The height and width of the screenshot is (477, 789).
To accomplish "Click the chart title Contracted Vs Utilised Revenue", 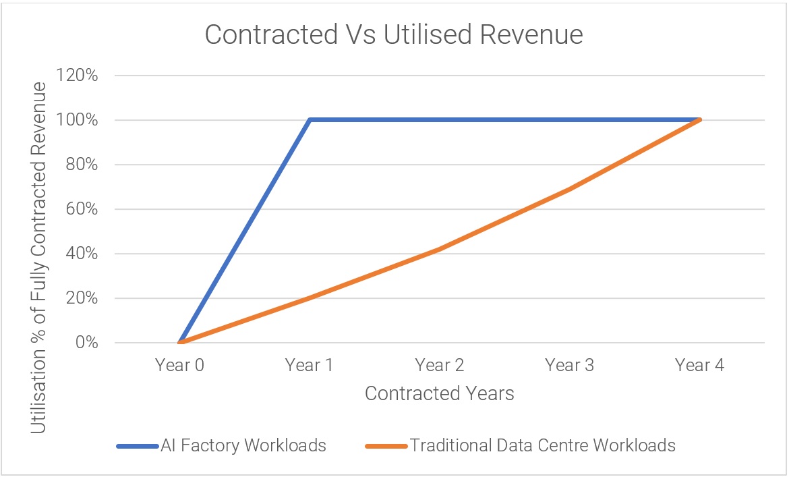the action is click(394, 34).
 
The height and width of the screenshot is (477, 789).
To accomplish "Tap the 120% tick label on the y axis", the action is click(77, 76).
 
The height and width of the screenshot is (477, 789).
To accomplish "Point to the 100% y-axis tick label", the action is click(77, 119).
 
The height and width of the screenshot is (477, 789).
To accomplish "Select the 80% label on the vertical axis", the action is click(82, 165).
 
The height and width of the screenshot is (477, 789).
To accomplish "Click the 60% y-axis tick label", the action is click(82, 208).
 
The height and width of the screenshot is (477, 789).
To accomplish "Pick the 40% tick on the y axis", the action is click(82, 253).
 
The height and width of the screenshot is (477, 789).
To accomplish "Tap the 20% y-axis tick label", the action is click(82, 298).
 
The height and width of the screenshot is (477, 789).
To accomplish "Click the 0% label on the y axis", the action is click(86, 343).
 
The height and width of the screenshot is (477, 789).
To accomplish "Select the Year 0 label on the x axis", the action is click(179, 365).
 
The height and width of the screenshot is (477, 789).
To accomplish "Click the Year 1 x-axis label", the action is click(310, 365).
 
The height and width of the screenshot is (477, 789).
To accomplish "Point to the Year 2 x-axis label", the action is click(439, 365).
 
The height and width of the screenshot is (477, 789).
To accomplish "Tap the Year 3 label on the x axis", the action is click(570, 365).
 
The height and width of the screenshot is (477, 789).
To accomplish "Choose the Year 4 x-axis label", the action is click(699, 365).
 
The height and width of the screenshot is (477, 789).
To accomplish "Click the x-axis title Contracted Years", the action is click(439, 393).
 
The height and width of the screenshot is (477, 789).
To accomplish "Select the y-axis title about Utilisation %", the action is click(38, 258).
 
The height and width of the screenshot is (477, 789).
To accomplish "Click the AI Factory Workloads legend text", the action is click(243, 446).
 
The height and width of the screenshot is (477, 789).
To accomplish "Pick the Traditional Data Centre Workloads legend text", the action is click(542, 446).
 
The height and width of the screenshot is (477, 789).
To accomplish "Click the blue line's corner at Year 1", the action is click(310, 119).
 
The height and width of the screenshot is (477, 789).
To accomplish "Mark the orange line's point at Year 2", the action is click(440, 249).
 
